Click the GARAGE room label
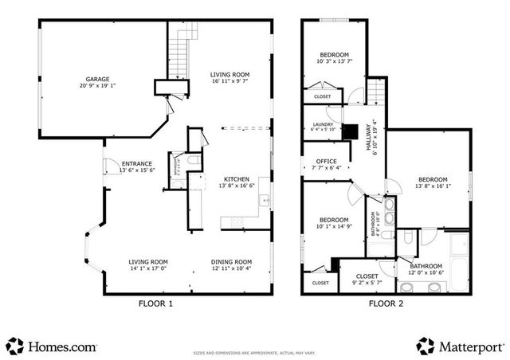(98, 78)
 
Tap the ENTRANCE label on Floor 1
(136, 164)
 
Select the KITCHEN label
(237, 178)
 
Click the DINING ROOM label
(231, 262)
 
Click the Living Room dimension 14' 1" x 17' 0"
(148, 268)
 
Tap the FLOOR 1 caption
(155, 303)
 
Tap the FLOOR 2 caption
(387, 303)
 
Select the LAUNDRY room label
(323, 124)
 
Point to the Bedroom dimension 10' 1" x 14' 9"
(333, 226)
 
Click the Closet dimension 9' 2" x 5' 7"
(367, 283)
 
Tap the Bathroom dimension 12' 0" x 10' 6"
(426, 272)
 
